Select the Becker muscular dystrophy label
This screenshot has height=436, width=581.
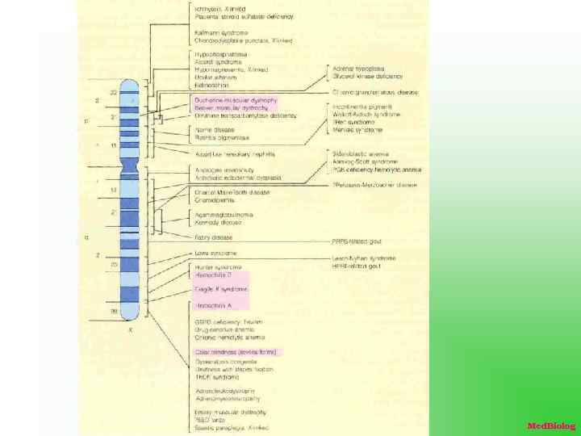pos(232,107)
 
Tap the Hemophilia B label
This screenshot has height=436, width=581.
pos(214,275)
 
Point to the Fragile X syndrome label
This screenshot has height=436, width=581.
pos(221,289)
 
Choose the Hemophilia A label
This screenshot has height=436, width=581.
pos(214,306)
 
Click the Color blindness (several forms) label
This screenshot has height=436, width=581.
pos(237,352)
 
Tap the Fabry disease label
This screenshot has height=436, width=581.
pos(214,237)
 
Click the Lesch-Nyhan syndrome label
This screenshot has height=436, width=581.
pos(364,258)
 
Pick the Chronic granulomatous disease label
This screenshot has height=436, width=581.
pos(375,93)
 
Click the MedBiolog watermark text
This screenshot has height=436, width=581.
pos(551,426)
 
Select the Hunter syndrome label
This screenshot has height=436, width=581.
pos(218,267)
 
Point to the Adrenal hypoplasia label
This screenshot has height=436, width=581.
pos(358,69)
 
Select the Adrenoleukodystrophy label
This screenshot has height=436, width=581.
pos(227,391)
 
